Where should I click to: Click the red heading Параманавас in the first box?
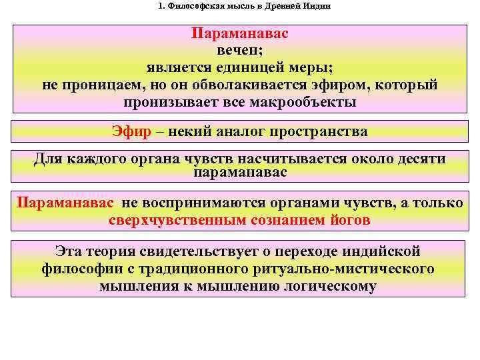point(240,33)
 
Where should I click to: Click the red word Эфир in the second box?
point(131,131)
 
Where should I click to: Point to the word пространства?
point(319,131)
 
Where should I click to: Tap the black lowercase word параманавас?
point(240,173)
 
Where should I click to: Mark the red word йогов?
point(351,220)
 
